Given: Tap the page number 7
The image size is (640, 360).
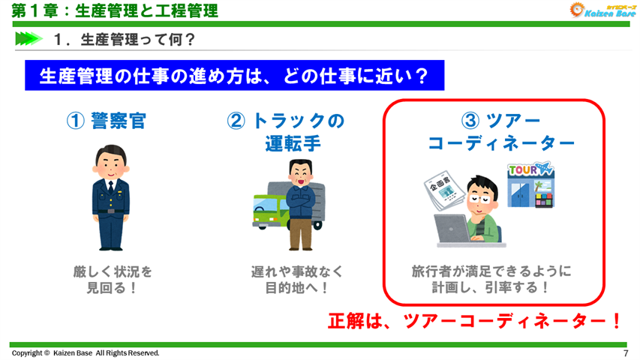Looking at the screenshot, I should (x=625, y=352).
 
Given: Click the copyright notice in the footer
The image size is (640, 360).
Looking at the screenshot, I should (x=85, y=352).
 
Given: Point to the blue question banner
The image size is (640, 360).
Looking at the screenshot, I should (x=233, y=76).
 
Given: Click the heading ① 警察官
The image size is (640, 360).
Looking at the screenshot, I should (x=107, y=121).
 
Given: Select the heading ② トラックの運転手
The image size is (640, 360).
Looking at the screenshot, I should (x=285, y=131).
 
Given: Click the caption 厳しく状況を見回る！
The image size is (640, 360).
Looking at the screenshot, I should (x=108, y=278).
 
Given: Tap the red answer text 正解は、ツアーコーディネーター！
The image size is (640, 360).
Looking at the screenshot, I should (x=476, y=320).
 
